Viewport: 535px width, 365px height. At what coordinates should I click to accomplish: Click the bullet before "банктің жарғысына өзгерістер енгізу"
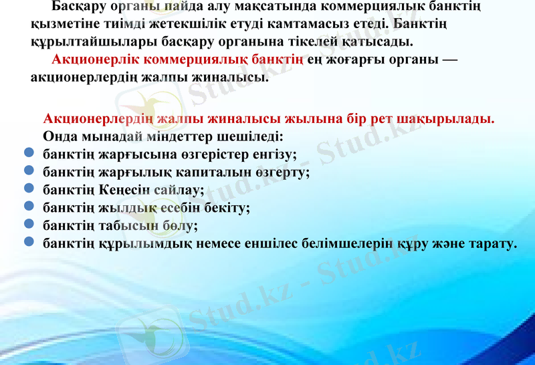point(29,154)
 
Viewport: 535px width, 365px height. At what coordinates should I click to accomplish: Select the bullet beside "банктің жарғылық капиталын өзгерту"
point(29,171)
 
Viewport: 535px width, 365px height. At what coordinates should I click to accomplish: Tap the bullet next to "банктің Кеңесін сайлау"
point(29,189)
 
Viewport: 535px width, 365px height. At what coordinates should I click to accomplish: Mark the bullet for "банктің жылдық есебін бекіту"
point(29,207)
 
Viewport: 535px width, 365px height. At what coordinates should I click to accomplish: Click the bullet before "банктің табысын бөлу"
point(29,225)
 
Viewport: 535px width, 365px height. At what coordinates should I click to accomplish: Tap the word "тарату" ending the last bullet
point(492,243)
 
